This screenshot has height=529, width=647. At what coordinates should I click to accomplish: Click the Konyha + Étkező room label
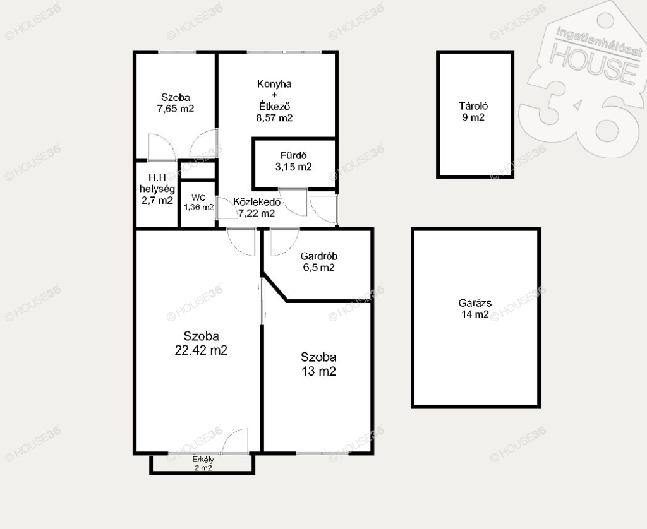click(274, 95)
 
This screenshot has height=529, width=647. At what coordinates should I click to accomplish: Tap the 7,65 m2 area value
click(176, 109)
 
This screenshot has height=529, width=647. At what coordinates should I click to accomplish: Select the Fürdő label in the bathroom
click(293, 155)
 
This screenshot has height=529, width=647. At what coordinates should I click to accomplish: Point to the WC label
click(198, 198)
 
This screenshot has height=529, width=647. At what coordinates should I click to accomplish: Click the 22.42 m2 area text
click(201, 350)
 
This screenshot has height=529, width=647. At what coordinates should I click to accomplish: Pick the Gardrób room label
click(318, 256)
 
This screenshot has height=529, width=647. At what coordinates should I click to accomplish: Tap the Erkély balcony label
click(203, 460)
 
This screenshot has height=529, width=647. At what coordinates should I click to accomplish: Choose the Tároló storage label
click(473, 106)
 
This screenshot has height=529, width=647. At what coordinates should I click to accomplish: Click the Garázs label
click(475, 303)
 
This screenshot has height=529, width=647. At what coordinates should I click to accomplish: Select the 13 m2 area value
click(318, 371)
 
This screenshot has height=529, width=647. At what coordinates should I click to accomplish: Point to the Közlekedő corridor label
click(257, 202)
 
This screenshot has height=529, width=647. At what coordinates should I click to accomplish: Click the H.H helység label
click(157, 184)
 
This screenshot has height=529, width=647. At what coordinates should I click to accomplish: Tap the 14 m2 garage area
click(475, 314)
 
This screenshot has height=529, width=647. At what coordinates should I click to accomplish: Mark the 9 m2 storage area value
click(473, 117)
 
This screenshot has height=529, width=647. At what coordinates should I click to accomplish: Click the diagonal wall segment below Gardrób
click(274, 288)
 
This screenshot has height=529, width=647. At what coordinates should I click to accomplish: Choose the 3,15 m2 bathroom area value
click(293, 167)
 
